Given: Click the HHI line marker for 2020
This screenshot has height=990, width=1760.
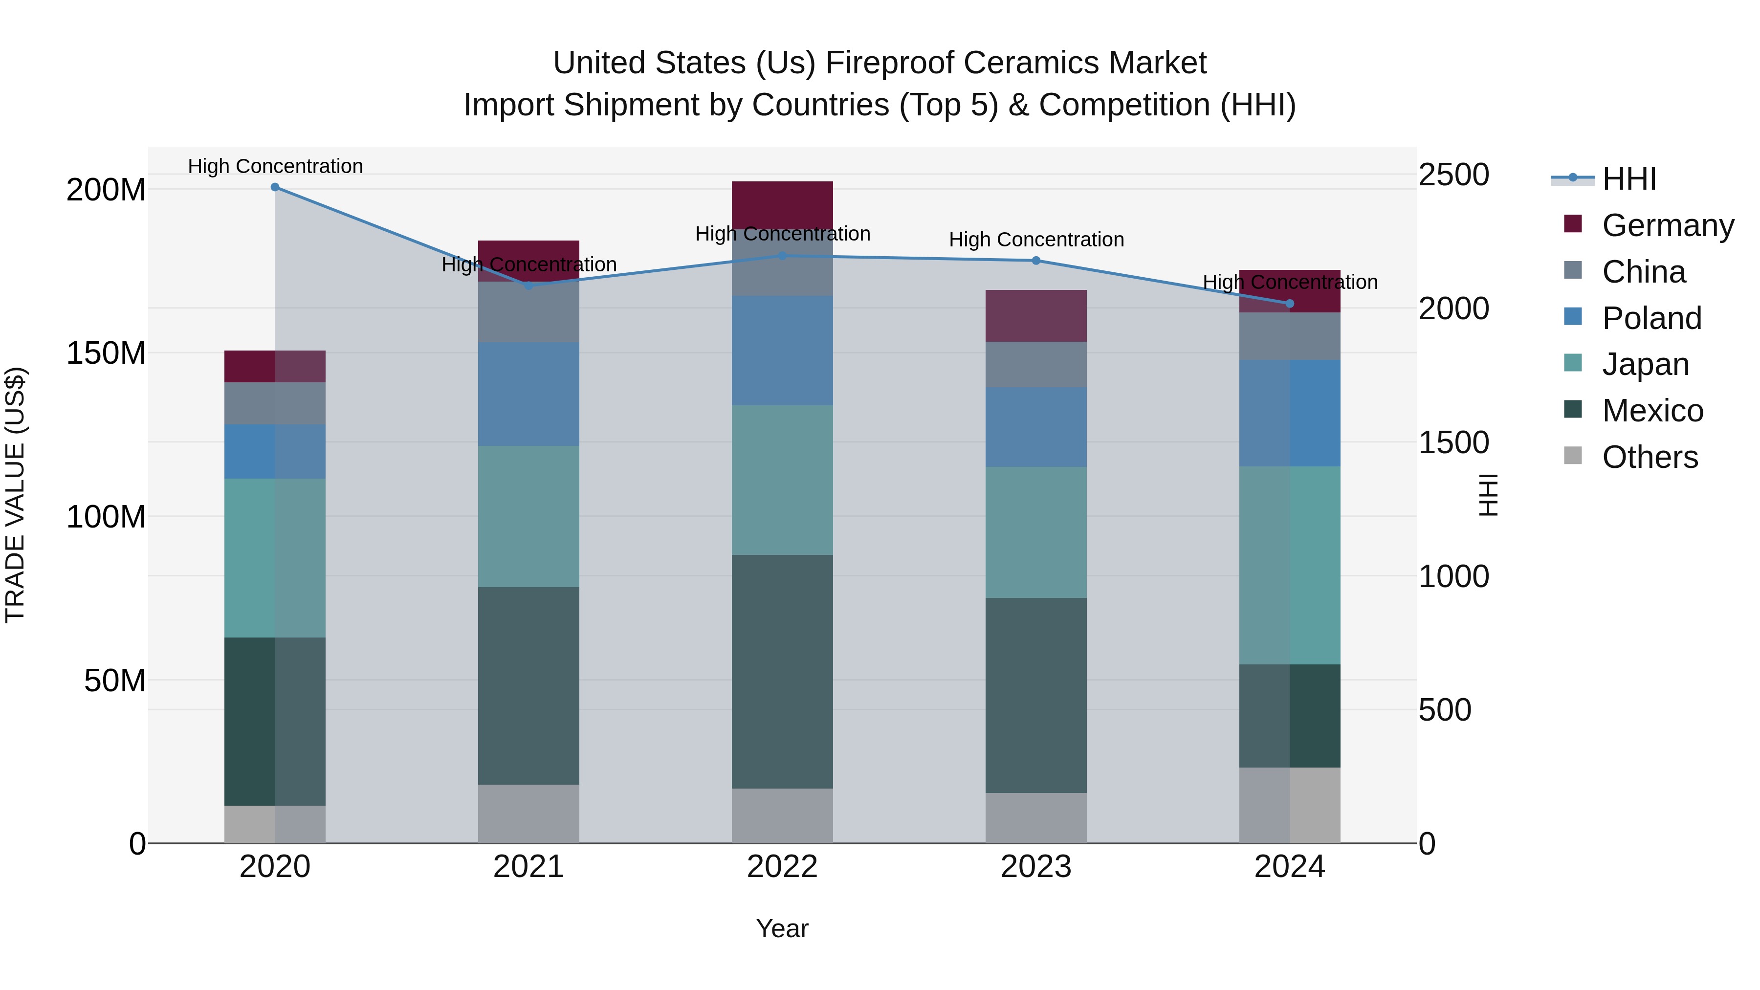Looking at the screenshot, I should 275,187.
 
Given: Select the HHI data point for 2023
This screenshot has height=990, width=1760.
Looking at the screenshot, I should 1036,260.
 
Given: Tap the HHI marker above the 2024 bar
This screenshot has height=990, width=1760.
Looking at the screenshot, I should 1290,303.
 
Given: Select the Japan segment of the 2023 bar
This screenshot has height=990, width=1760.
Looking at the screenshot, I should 1036,532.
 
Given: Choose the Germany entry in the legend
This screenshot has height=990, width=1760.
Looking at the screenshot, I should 1667,225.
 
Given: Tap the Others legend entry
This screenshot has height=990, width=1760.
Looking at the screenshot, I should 1650,457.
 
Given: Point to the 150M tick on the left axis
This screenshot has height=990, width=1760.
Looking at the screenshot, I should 106,353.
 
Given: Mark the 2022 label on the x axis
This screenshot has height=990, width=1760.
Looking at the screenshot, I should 782,866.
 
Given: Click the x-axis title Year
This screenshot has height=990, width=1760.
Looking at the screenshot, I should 782,928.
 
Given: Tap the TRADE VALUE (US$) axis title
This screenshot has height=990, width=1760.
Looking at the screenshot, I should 15,495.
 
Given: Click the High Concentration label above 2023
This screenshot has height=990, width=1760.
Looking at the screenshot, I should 1036,240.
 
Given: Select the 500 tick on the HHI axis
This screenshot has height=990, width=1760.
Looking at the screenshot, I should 1444,710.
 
